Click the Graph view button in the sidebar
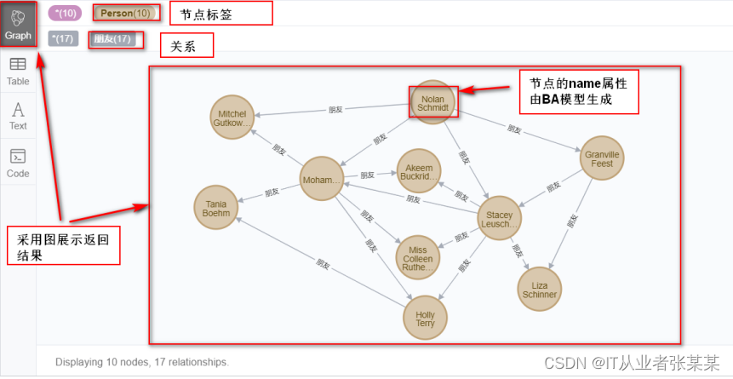click(x=18, y=23)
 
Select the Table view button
click(x=18, y=71)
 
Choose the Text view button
click(x=18, y=115)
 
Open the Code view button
click(x=18, y=163)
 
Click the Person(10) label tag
click(x=125, y=14)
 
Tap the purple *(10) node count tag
click(x=64, y=14)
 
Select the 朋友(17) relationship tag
click(x=112, y=38)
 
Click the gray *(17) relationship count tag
click(x=63, y=38)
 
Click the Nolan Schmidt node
click(x=433, y=103)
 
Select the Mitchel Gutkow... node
click(x=232, y=118)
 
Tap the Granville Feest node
click(x=602, y=158)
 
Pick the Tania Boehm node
click(x=216, y=208)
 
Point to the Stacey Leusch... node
click(x=499, y=219)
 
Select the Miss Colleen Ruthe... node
click(x=417, y=256)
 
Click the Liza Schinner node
click(x=540, y=289)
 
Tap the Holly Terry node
click(x=425, y=319)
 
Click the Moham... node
click(x=322, y=180)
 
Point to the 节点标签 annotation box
click(x=220, y=14)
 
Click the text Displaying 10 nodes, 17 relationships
click(x=142, y=362)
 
